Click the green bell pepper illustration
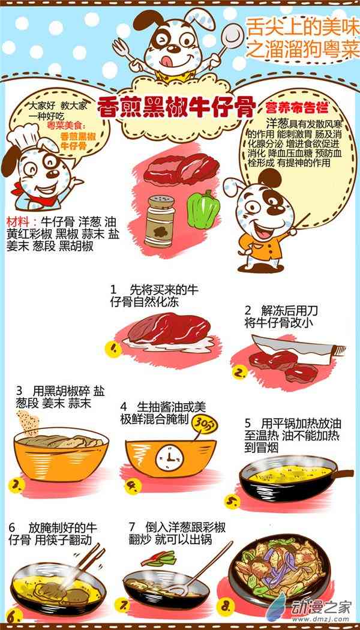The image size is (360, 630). pos(204,209)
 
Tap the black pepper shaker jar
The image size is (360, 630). pos(160,221)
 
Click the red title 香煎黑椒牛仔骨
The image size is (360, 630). pos(177,107)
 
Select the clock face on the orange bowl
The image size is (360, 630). pos(169,457)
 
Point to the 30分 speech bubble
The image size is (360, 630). pos(205,423)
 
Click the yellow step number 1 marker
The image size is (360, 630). pos(113,349)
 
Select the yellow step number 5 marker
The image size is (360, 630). pos(232,502)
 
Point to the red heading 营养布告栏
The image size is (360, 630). pos(296,107)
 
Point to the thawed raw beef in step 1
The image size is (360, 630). pos(169,330)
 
